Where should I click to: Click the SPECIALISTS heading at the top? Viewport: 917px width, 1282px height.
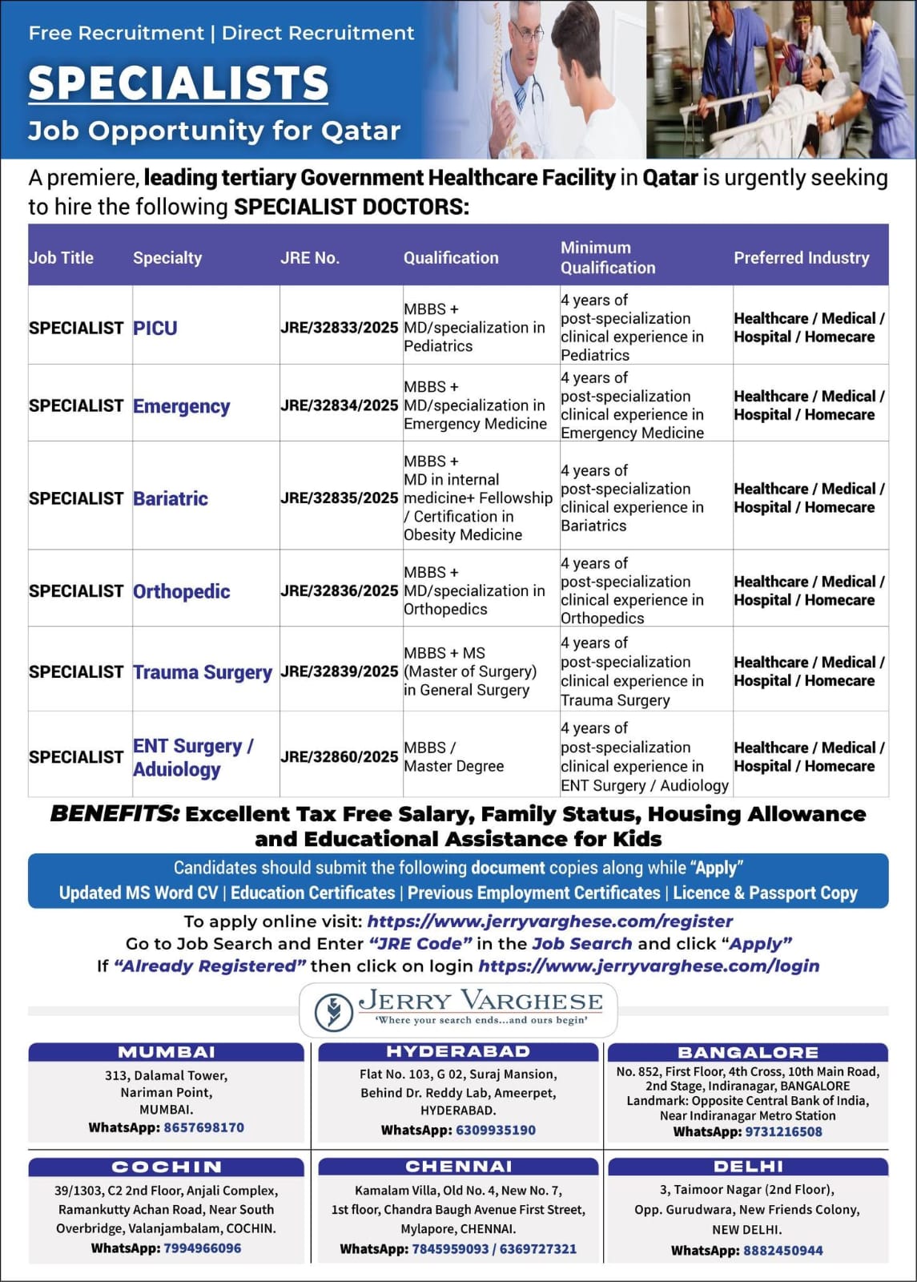178,83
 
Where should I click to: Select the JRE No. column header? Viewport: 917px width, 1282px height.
309,258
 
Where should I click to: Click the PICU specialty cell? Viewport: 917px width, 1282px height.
155,328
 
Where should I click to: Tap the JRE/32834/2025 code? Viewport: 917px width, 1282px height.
339,405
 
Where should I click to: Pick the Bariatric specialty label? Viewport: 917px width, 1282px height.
170,498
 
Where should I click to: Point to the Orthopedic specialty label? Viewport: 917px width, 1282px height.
181,591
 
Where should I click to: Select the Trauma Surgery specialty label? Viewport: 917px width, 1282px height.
202,672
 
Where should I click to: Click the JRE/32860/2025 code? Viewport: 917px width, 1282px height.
339,756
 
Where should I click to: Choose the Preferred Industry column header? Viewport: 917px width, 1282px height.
801,258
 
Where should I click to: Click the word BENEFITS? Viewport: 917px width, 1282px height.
115,814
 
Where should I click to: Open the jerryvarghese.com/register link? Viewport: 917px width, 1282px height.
549,921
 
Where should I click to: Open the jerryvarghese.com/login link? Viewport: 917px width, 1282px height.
649,966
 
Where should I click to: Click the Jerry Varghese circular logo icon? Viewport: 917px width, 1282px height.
333,1011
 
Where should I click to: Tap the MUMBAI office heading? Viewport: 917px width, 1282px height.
167,1052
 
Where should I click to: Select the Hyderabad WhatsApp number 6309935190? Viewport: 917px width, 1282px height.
496,1130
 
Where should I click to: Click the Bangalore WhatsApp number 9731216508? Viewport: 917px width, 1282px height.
783,1131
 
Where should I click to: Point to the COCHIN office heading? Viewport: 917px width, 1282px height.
167,1167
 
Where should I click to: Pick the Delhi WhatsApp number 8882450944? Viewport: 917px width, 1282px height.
782,1250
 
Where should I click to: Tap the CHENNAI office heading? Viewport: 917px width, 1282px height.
458,1167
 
